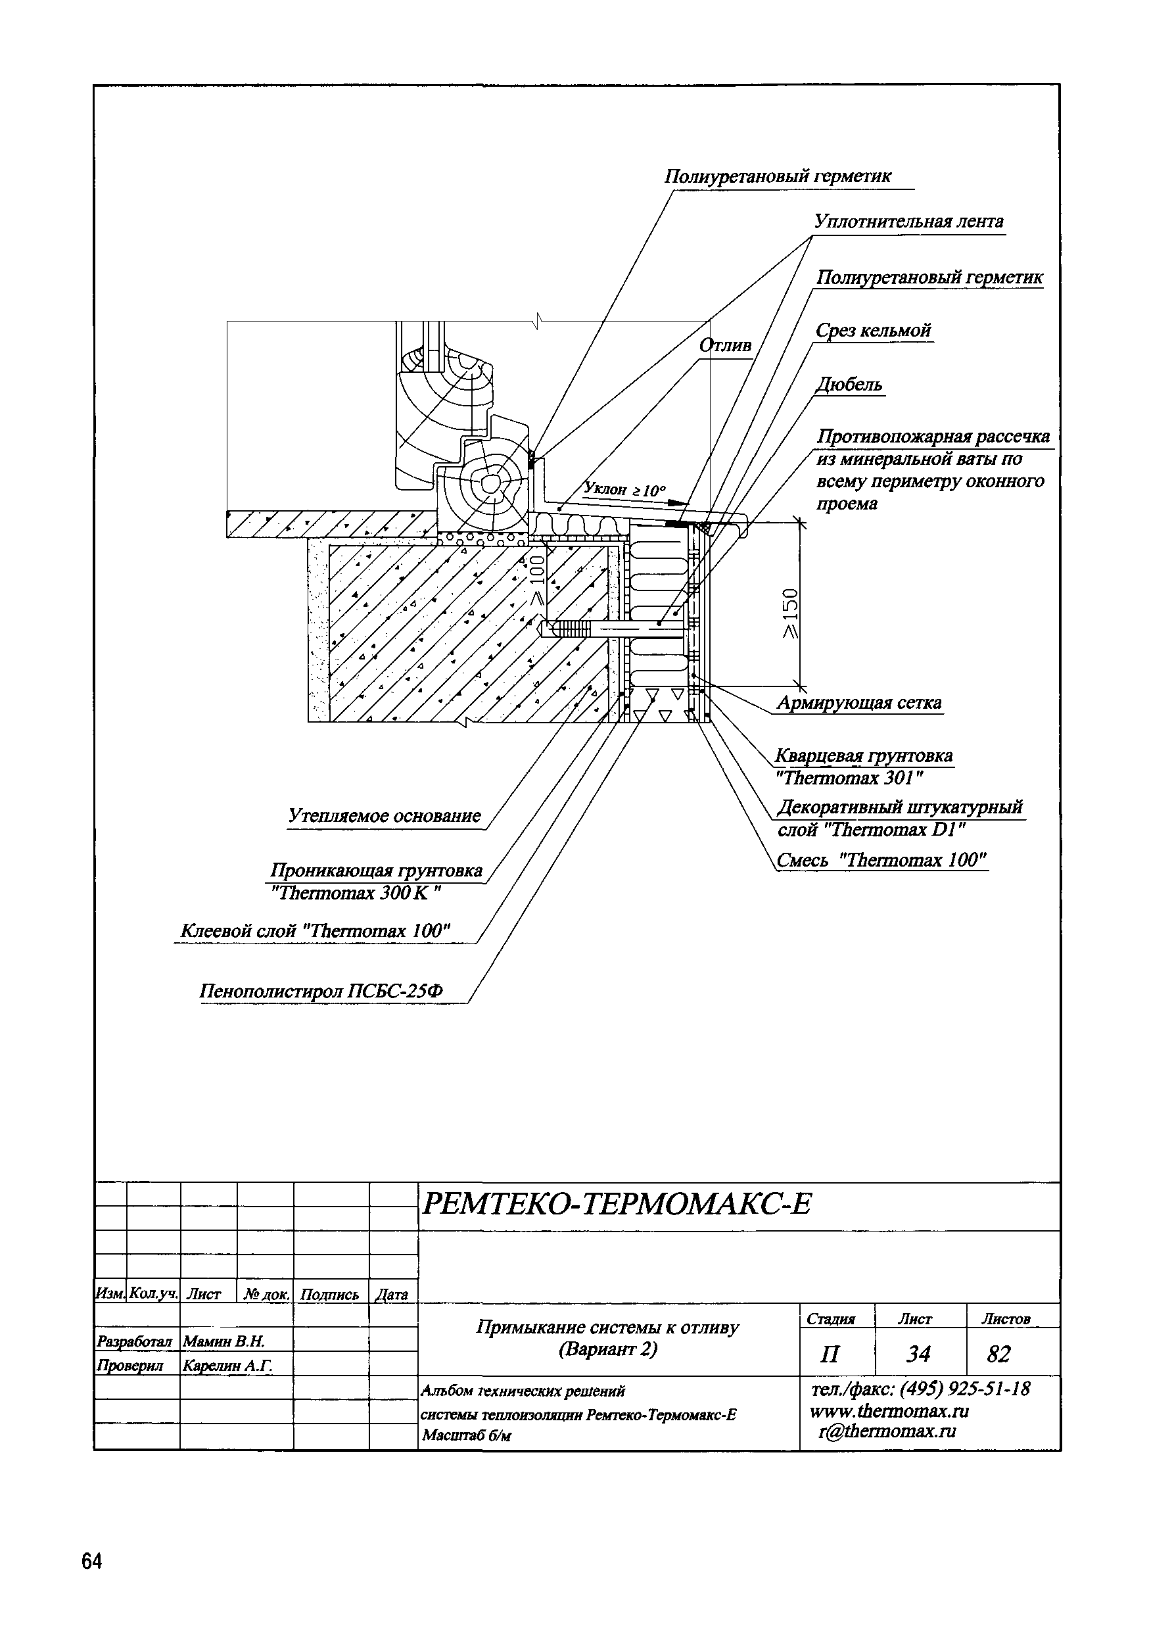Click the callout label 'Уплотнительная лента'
point(908,222)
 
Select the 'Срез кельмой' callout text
point(872,331)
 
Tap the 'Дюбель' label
point(849,385)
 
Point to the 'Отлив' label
point(724,346)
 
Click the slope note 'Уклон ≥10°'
point(624,489)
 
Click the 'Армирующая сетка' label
point(858,703)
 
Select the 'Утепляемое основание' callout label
point(385,816)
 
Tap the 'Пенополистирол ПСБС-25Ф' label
point(321,991)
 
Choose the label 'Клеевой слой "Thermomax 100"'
point(316,930)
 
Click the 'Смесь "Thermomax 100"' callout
point(881,861)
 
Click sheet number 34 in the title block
point(918,1354)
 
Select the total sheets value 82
point(998,1354)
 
